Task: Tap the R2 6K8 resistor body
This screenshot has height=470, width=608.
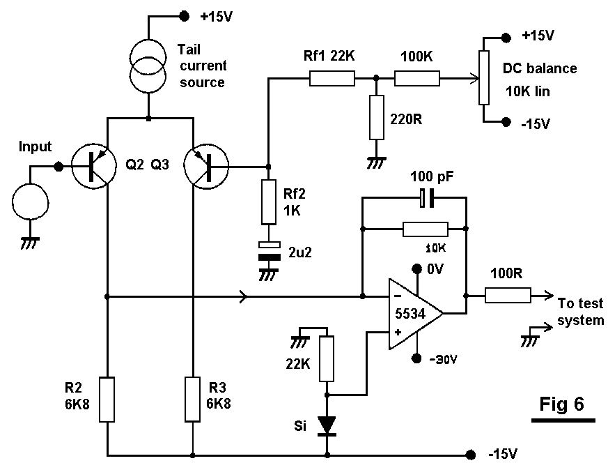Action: coord(107,399)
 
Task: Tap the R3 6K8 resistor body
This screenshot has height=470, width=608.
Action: coord(192,399)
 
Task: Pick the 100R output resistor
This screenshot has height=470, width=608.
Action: coord(508,296)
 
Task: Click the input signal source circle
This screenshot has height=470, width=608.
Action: coord(31,202)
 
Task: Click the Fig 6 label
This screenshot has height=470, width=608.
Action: coord(562,404)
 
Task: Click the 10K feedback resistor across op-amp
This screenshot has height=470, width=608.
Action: coord(425,228)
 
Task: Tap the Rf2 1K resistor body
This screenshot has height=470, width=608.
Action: coord(268,202)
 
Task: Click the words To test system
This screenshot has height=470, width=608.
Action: coord(580,312)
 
